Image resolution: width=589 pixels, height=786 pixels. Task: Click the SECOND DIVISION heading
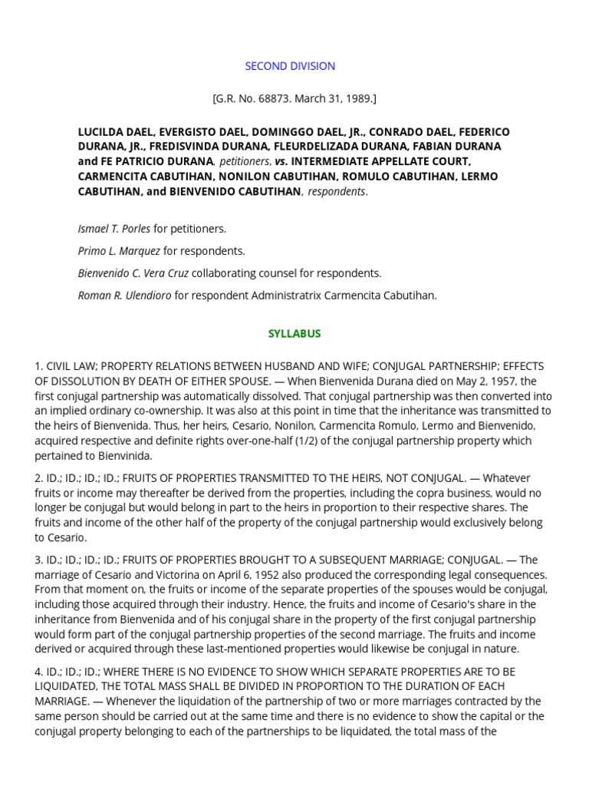[x=290, y=66]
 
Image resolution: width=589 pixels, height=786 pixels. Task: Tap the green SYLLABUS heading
[x=294, y=334]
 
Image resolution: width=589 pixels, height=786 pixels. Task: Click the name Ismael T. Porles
[x=114, y=229]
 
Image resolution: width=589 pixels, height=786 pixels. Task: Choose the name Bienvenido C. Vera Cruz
[x=133, y=273]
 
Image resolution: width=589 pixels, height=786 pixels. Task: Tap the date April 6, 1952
[x=230, y=575]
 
